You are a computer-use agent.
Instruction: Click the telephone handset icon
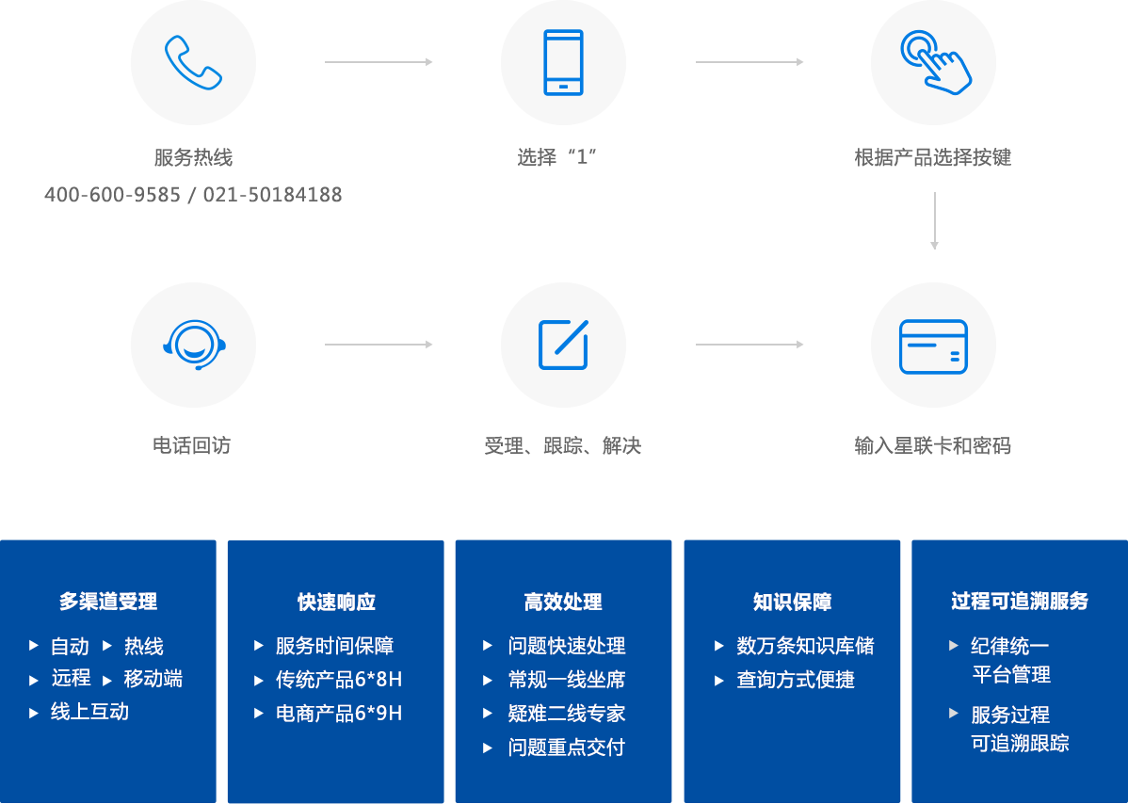(193, 62)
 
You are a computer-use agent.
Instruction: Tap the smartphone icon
(563, 62)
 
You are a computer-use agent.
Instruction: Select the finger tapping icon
(934, 62)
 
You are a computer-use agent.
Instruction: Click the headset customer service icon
(193, 345)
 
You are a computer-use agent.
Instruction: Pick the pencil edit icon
(563, 345)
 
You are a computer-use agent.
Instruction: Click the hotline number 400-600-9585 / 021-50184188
(193, 195)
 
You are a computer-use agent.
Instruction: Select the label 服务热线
(193, 158)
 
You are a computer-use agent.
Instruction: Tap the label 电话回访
(192, 445)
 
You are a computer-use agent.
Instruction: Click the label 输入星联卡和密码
(933, 445)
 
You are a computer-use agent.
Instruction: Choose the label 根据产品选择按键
(933, 158)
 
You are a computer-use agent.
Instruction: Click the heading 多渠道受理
(108, 602)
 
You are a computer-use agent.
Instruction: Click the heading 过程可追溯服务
(1020, 601)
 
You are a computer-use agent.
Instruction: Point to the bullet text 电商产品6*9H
(339, 714)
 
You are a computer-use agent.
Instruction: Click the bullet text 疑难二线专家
(567, 714)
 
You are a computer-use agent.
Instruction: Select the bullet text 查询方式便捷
(796, 680)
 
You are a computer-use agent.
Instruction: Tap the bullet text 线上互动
(89, 712)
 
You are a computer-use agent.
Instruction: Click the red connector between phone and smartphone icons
(375, 62)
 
